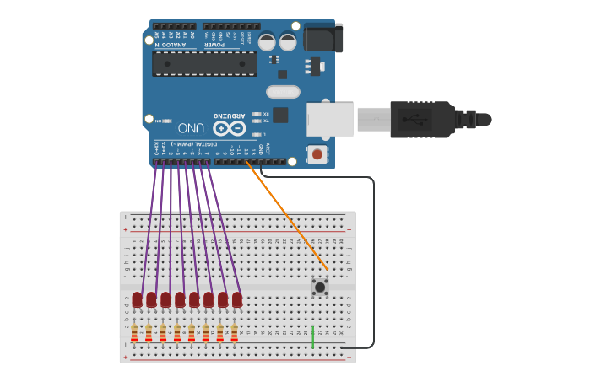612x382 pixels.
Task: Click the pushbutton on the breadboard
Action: (320, 287)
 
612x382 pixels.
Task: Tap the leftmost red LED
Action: (137, 299)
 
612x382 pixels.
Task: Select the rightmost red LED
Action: (237, 299)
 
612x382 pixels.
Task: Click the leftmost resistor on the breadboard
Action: (134, 333)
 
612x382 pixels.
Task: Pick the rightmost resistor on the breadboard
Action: (235, 333)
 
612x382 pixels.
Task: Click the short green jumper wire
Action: (313, 336)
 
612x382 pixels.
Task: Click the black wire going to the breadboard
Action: (373, 253)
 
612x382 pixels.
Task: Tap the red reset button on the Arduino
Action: (317, 153)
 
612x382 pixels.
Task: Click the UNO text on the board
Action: (191, 127)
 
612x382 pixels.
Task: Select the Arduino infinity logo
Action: (229, 128)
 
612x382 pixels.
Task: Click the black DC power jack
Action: (322, 37)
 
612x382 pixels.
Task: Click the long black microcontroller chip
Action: (204, 63)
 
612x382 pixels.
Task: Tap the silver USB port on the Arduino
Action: (329, 119)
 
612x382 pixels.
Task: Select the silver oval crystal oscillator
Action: (283, 92)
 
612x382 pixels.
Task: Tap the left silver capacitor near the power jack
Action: (267, 41)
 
